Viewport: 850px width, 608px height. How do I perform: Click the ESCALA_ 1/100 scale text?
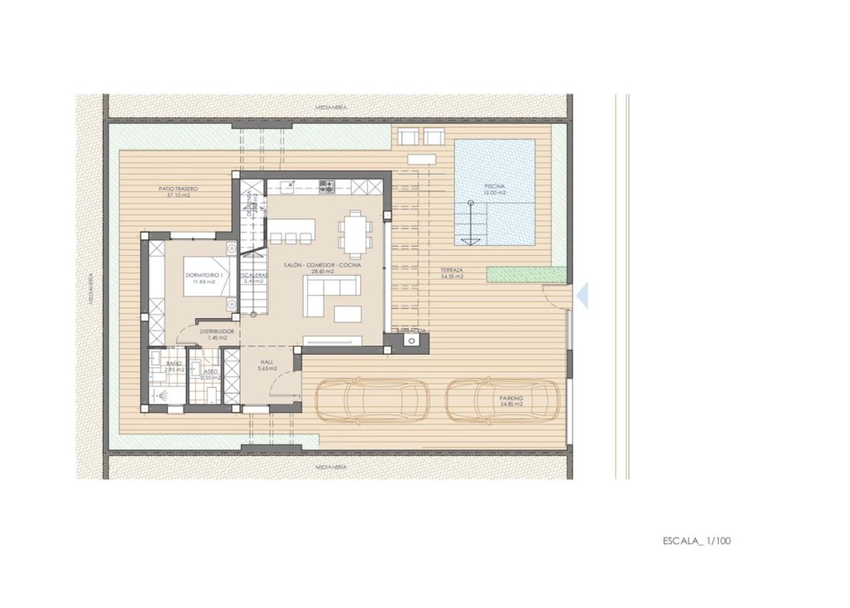[696, 541]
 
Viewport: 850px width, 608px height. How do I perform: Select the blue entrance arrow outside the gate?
[583, 295]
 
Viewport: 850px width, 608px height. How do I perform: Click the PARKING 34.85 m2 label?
[511, 401]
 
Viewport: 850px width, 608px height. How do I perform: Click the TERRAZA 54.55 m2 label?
[452, 273]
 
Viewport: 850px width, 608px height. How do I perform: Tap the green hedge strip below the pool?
[525, 273]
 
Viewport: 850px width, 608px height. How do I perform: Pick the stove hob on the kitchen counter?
[327, 187]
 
